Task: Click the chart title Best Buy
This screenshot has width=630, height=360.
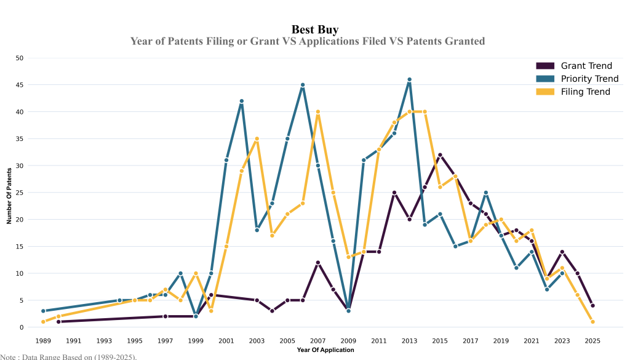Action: pos(314,30)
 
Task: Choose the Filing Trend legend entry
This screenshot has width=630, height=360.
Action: pos(585,92)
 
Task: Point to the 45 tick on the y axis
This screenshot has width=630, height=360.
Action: pos(19,85)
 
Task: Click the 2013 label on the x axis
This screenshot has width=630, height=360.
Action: pos(409,340)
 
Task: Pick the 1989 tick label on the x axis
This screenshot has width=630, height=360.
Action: pos(43,340)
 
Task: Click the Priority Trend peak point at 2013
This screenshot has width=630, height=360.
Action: pos(409,79)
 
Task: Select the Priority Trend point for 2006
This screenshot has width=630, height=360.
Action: pos(303,85)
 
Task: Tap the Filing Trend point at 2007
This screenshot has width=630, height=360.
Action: pos(317,112)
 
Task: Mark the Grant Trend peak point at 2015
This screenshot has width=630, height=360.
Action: pos(440,155)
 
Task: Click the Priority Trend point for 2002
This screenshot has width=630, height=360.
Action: pos(241,101)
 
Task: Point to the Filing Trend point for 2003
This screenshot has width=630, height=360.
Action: pos(257,138)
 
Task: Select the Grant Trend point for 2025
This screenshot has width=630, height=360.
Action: pos(592,306)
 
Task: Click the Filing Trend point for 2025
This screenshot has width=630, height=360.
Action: pos(592,322)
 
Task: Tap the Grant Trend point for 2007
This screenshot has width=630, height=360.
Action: pos(317,263)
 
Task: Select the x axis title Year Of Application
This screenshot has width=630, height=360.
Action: pos(325,350)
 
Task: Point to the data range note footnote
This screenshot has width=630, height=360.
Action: pos(68,356)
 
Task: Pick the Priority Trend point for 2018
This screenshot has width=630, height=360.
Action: pos(486,193)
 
